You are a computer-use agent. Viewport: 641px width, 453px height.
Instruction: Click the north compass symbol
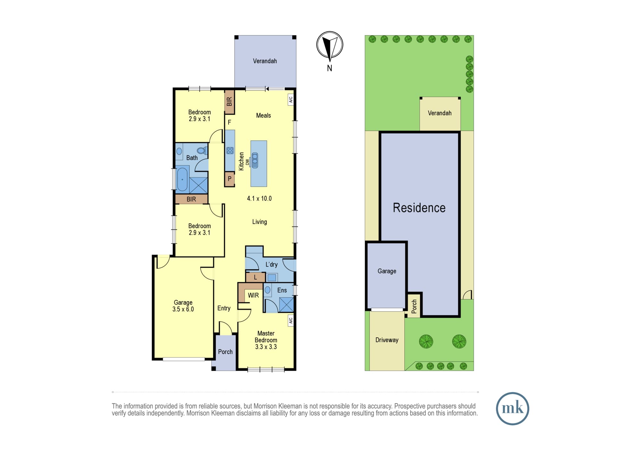coord(329,45)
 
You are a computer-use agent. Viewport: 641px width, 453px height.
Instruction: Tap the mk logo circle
coord(512,408)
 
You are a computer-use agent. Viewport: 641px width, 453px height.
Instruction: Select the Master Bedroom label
coord(266,340)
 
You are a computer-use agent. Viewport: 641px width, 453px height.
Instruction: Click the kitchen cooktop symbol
coord(230,150)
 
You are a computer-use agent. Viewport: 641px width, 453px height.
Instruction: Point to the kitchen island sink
coord(255,160)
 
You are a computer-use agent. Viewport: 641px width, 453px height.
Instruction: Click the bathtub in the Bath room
coord(182,179)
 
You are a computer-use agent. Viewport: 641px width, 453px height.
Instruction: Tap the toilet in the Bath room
coord(201,150)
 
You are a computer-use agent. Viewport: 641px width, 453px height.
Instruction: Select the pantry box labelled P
coord(229,179)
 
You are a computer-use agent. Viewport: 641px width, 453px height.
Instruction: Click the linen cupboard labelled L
coord(255,277)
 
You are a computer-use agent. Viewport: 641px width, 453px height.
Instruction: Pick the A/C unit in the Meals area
coord(291,100)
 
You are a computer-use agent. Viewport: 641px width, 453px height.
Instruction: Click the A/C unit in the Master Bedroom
coord(291,320)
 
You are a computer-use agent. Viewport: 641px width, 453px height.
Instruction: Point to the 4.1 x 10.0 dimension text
coord(259,199)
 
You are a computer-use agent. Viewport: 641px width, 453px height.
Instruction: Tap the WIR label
coord(253,295)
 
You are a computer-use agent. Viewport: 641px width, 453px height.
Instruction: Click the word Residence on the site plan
coord(419,208)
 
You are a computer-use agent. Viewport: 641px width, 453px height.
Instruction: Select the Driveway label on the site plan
coord(387,340)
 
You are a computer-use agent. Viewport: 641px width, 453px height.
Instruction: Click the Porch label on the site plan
coord(414,307)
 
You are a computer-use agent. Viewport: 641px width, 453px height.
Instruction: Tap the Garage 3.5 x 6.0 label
coord(183,306)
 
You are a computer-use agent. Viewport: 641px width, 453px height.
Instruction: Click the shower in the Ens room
coord(286,305)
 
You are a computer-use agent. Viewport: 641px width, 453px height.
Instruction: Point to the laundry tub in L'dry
coord(272,277)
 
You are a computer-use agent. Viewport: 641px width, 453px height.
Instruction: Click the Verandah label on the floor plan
coord(265,61)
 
